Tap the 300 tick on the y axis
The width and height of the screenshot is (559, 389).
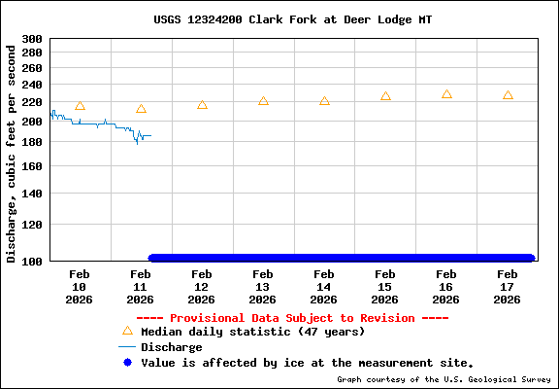pos(32,39)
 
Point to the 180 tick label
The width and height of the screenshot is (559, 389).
pos(32,142)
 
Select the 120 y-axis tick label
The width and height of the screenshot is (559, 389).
pos(32,225)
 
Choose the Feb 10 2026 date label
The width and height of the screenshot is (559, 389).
pos(80,287)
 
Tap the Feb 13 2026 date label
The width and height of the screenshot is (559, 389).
pos(263,287)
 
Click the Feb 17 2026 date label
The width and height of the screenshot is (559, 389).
pos(508,287)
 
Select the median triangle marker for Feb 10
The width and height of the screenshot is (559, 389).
pos(80,106)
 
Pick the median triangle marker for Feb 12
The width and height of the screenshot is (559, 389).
pos(202,104)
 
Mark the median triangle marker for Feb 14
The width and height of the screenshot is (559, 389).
pos(324,101)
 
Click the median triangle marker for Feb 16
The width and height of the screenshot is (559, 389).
pos(446,94)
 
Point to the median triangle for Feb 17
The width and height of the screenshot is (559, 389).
pos(508,95)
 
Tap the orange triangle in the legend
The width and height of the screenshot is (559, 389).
pos(127,331)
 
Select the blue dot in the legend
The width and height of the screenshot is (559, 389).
pos(127,362)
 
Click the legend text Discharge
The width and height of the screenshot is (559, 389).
pos(172,347)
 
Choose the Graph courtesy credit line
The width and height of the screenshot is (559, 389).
pos(444,379)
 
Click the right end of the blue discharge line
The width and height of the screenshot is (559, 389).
pos(150,135)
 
